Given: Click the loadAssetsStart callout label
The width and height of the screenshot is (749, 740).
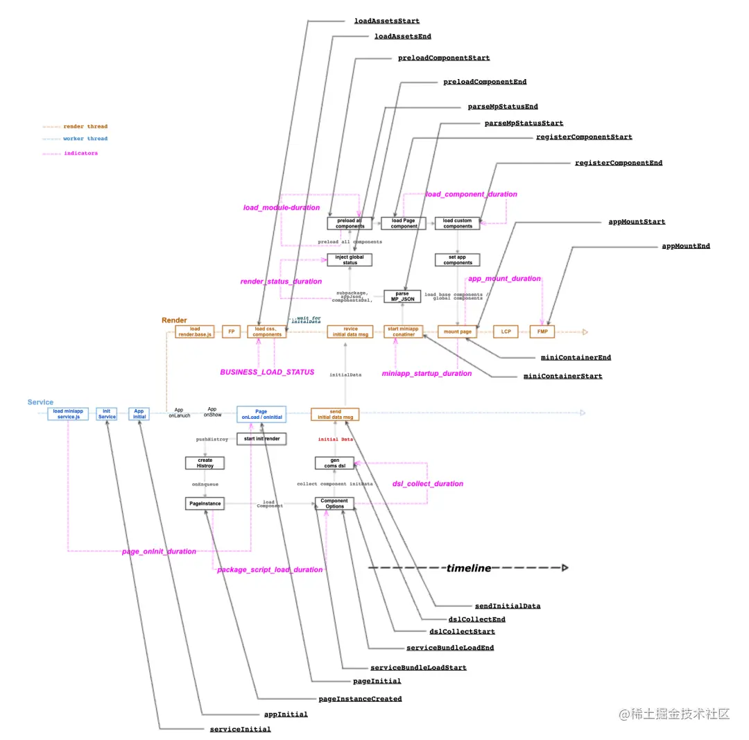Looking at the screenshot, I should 386,21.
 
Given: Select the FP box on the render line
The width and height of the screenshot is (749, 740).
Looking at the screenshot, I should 231,332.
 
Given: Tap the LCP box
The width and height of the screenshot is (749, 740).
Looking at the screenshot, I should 506,332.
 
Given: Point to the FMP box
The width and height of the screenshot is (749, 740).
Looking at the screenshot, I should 542,332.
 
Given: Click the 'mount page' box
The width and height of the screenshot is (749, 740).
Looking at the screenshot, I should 458,332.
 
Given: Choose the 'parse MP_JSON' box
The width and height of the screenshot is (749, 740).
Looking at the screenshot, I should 402,296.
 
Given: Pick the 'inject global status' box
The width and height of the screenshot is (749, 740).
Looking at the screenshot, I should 350,259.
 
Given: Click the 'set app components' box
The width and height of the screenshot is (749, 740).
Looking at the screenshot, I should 458,259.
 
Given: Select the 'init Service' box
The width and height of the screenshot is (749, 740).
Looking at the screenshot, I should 107,413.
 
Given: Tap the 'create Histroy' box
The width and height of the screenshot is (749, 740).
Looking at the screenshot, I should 205,463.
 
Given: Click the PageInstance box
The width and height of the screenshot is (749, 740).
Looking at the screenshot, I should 205,504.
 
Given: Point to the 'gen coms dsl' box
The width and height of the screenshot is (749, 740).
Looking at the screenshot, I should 335,463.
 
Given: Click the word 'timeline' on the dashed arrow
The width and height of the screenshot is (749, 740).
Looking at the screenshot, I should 469,568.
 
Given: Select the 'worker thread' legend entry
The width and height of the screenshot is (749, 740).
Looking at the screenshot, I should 86,139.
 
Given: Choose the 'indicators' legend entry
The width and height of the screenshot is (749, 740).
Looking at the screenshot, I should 81,153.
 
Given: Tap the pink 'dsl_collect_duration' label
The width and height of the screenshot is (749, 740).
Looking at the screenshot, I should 427,483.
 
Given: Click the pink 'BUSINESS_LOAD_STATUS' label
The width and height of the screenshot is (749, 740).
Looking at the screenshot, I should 267,372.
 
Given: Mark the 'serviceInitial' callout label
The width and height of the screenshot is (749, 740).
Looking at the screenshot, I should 240,729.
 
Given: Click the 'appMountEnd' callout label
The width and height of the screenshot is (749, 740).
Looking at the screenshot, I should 686,246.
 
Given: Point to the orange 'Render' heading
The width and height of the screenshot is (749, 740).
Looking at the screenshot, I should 174,320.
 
